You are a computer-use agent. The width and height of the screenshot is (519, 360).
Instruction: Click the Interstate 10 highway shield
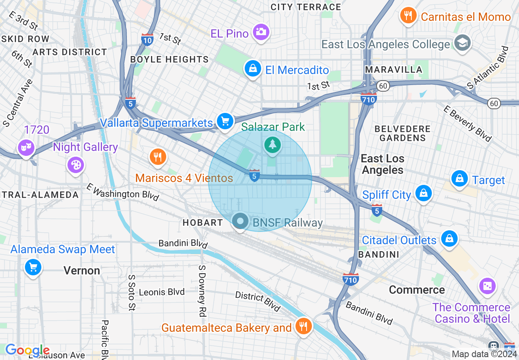point(147,40)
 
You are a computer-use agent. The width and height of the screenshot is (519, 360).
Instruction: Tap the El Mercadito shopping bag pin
point(253,68)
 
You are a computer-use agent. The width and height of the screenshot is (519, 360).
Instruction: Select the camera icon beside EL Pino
point(261,32)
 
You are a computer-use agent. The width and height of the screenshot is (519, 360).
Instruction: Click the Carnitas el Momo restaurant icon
point(408,16)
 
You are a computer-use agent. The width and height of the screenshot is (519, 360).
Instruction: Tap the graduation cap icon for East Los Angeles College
point(463,43)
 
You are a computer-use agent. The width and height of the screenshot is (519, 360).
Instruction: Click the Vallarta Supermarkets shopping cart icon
point(225,121)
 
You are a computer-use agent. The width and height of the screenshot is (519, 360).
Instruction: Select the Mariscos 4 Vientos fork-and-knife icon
point(157,157)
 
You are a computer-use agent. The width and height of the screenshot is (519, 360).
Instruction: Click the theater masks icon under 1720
point(25,148)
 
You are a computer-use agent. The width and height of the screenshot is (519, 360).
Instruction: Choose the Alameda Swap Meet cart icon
point(33,268)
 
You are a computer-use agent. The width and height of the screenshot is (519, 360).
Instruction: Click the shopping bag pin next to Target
point(460,179)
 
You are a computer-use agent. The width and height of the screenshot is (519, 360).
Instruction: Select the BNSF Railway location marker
point(240,222)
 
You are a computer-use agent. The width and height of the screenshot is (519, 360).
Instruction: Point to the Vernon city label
point(82,271)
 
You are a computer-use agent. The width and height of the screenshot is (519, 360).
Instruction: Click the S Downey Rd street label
point(202,290)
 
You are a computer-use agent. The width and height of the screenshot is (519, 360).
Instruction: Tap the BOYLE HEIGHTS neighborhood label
point(169,60)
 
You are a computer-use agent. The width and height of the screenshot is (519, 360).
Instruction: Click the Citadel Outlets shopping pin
point(449,238)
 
